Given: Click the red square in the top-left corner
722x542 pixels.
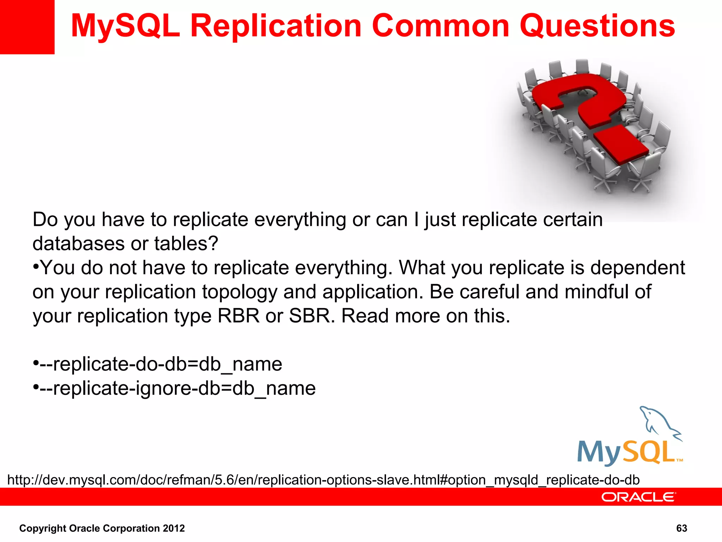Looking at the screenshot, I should tap(27, 27).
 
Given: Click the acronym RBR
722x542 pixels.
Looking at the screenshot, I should tap(238, 315).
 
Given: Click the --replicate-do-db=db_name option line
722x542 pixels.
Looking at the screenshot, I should tap(160, 364).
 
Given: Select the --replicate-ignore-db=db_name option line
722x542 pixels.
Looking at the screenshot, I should tap(177, 388).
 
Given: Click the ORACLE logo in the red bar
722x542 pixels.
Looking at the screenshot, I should tap(638, 497).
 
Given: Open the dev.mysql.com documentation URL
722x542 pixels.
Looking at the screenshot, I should tap(323, 480).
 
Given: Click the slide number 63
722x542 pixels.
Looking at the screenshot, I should tap(681, 528).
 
